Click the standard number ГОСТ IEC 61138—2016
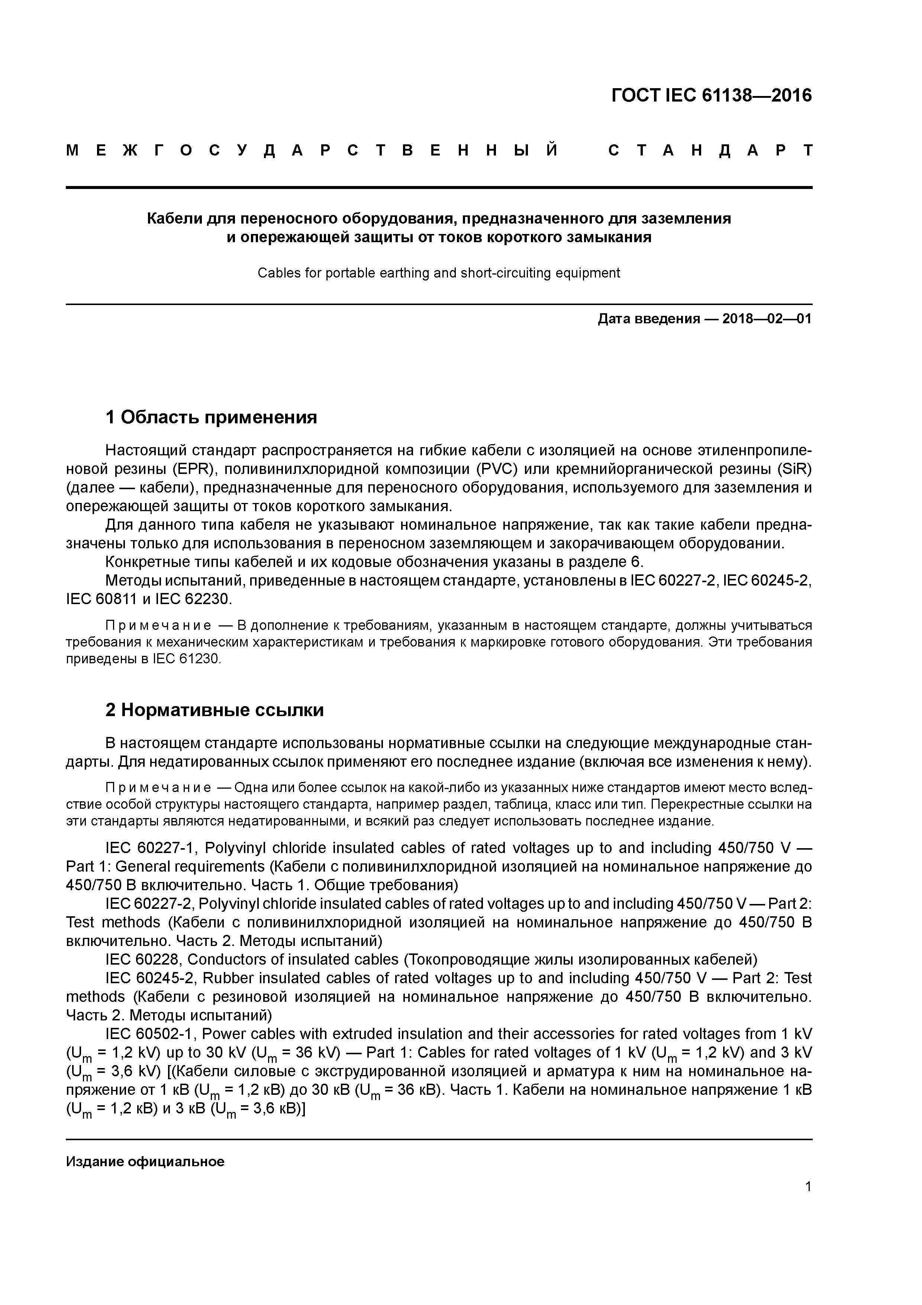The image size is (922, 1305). click(x=711, y=96)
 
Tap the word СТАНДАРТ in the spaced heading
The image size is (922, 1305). click(x=710, y=151)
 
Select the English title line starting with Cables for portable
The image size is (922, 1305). click(x=439, y=273)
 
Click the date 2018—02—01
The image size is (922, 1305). click(x=767, y=319)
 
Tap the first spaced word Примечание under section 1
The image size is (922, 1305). click(x=158, y=626)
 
